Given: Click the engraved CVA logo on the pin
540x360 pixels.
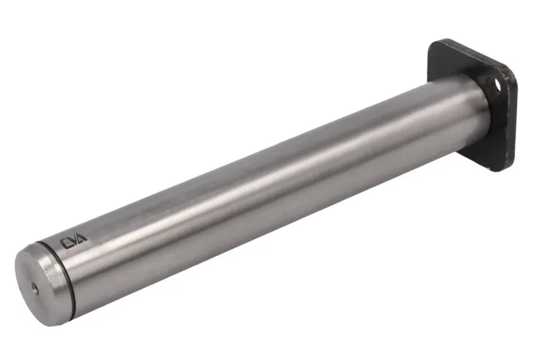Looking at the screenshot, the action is click(74, 241).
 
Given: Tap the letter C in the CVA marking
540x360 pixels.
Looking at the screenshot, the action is click(65, 244).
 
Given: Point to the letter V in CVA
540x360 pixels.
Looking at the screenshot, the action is click(73, 241).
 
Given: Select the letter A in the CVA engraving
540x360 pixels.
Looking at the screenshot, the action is click(82, 238).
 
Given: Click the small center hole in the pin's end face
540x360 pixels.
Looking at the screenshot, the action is click(35, 289).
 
